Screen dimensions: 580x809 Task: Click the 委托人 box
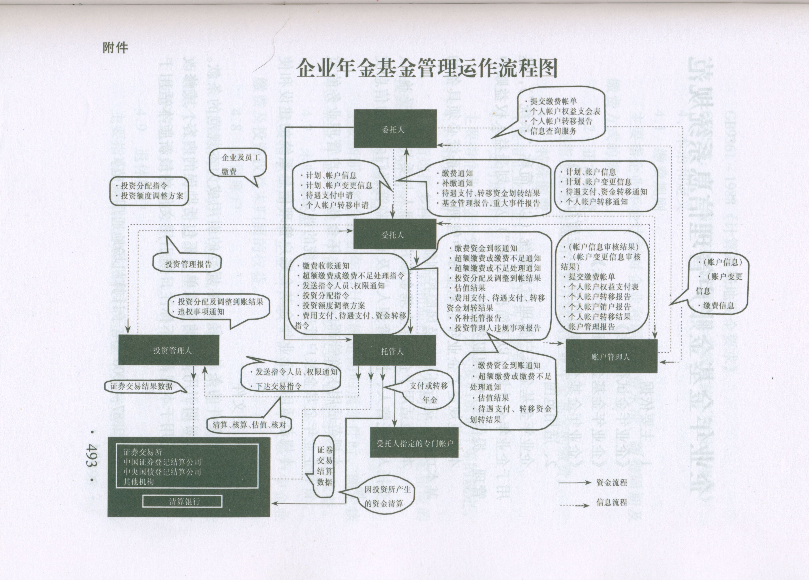click(395, 129)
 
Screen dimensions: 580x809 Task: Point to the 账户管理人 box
click(611, 356)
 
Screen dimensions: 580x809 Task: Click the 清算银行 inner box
click(182, 501)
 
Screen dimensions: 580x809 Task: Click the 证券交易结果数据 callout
click(142, 386)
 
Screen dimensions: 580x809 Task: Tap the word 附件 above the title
click(115, 47)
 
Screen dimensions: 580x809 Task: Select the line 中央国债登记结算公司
click(162, 472)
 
